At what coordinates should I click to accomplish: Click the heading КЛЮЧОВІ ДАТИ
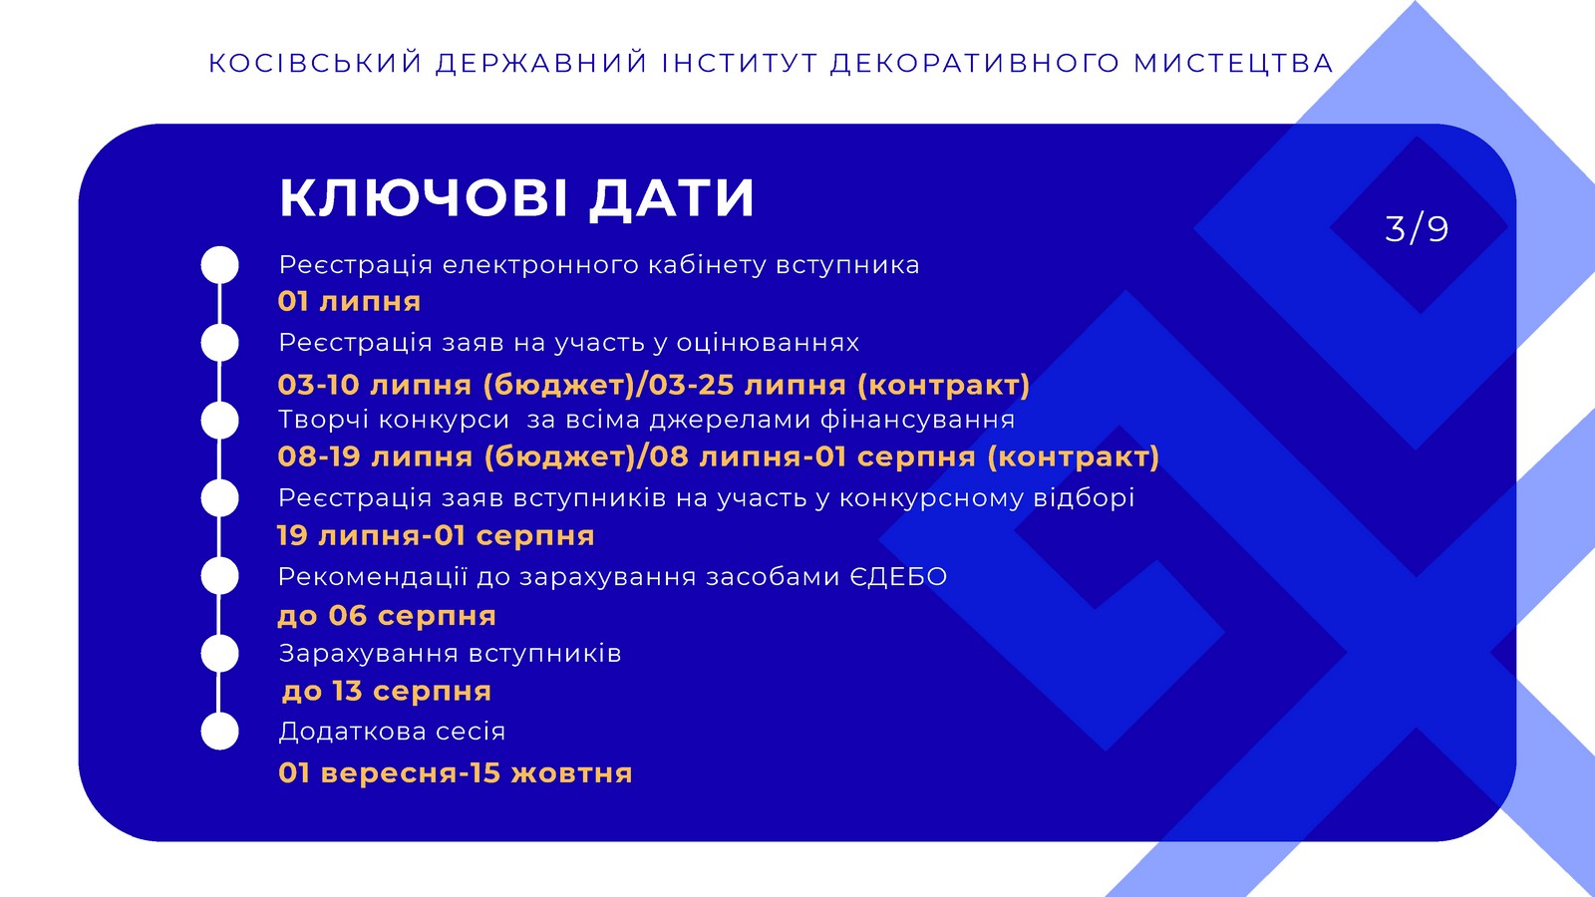pyautogui.click(x=516, y=197)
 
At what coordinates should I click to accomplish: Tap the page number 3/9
pyautogui.click(x=1417, y=228)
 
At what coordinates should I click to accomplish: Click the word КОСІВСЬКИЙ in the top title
pyautogui.click(x=316, y=63)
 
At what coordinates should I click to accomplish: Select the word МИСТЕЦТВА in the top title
pyautogui.click(x=1233, y=63)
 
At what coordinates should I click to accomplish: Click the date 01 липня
pyautogui.click(x=349, y=302)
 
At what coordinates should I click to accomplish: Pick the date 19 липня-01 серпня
pyautogui.click(x=436, y=535)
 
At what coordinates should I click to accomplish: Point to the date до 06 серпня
pyautogui.click(x=387, y=616)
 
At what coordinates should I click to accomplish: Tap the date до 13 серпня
pyautogui.click(x=387, y=692)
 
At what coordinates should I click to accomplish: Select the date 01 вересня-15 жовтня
pyautogui.click(x=456, y=773)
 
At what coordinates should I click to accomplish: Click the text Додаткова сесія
pyautogui.click(x=393, y=732)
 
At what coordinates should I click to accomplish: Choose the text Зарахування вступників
pyautogui.click(x=450, y=654)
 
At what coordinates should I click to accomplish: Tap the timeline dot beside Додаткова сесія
pyautogui.click(x=220, y=732)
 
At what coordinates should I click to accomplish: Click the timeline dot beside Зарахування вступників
pyautogui.click(x=220, y=654)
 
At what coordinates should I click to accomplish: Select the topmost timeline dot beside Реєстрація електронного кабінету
pyautogui.click(x=220, y=265)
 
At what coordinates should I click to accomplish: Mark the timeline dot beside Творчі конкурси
pyautogui.click(x=220, y=420)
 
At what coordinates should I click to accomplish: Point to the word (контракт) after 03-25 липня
pyautogui.click(x=943, y=385)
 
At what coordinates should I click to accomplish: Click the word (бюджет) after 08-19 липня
pyautogui.click(x=559, y=456)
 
